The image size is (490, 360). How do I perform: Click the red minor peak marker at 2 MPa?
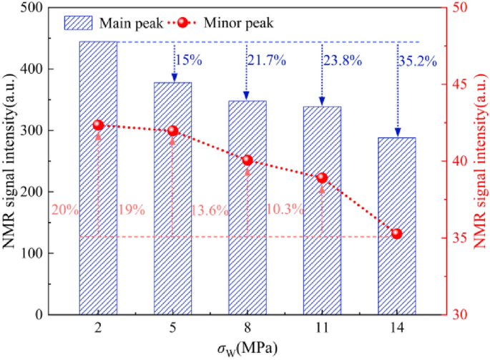click(99, 125)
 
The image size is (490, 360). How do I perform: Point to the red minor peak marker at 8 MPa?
click(248, 160)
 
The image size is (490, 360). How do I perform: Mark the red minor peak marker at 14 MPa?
click(397, 233)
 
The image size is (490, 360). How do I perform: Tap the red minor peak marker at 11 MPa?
click(322, 177)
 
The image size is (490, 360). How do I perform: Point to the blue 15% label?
click(188, 61)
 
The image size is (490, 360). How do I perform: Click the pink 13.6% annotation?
click(210, 210)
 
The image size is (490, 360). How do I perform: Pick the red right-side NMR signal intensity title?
click(479, 161)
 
